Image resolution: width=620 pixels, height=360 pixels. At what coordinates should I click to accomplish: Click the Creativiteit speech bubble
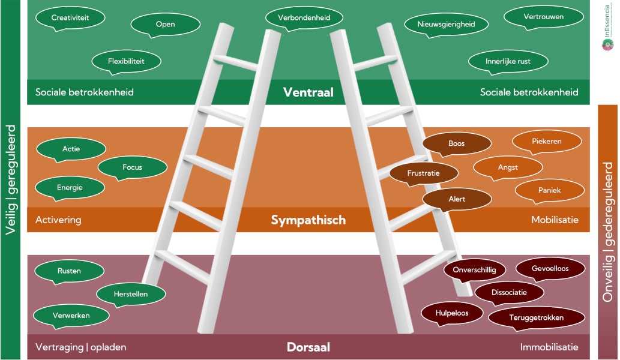point(70,18)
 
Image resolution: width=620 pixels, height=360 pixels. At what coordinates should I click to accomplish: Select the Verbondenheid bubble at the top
point(304,18)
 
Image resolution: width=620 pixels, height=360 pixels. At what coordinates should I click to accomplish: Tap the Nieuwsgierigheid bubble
point(447,25)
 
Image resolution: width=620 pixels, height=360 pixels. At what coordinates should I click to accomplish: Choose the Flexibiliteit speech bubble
point(126,61)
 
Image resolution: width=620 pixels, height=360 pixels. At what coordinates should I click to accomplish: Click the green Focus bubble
point(132,167)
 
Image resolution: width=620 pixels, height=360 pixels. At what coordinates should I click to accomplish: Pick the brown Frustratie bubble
point(424,173)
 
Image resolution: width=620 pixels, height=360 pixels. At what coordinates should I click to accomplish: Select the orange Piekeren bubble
point(546,142)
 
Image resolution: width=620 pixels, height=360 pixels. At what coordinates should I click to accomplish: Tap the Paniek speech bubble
point(549,190)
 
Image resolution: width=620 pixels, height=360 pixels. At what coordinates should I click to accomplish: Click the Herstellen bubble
point(131,294)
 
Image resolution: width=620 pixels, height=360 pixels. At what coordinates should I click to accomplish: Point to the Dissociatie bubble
point(509,293)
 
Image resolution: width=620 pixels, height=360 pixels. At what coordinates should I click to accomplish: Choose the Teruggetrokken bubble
point(536,318)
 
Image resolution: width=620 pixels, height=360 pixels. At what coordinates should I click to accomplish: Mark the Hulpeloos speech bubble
point(452,313)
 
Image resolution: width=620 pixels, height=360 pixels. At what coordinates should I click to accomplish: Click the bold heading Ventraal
point(308,92)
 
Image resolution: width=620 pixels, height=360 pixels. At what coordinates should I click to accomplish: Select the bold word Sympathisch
point(308,220)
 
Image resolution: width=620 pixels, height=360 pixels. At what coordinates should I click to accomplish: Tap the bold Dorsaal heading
point(308,347)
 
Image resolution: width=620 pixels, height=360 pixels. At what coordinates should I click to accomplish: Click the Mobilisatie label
point(555,220)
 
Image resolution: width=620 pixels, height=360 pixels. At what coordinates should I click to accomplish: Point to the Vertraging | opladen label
point(80,347)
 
